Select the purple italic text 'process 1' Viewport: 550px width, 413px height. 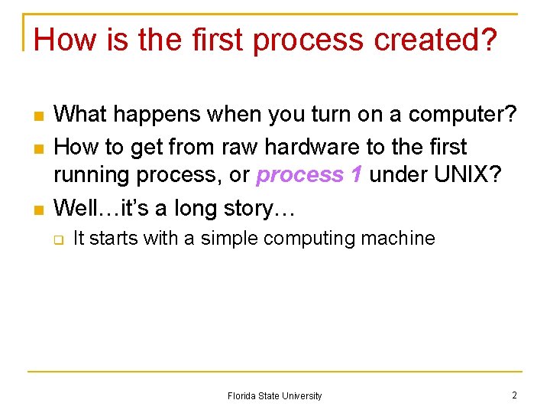click(x=309, y=175)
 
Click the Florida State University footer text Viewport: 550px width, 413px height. click(x=274, y=396)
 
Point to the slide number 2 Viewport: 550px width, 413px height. click(x=514, y=395)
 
